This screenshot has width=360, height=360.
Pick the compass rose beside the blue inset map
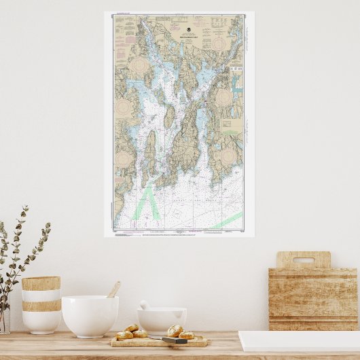(223, 98)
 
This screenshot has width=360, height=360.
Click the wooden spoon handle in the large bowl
(113, 290)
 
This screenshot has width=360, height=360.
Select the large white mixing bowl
(90, 315)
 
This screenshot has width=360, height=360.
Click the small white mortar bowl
(162, 321)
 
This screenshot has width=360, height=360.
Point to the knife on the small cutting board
(174, 340)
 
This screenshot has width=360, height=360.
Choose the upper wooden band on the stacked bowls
(41, 283)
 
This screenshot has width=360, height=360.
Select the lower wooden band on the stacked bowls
(41, 306)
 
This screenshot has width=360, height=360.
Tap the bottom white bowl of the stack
(41, 322)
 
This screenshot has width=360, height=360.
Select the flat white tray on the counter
(299, 340)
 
